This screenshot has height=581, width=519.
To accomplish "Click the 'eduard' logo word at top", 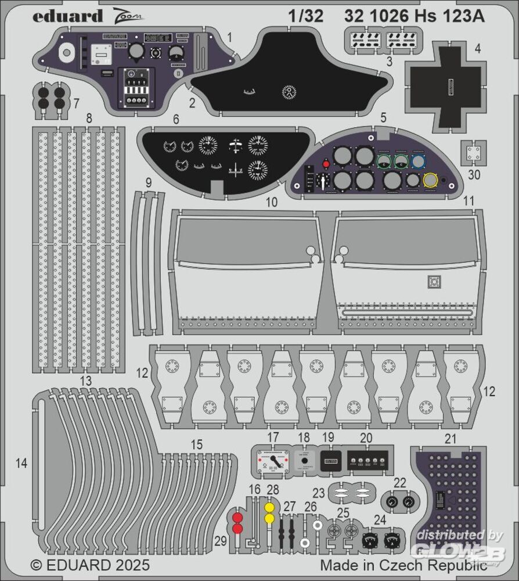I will pos(67,16).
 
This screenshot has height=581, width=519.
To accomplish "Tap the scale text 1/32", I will pos(305,16).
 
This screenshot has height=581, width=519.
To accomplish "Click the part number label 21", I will pos(450,439).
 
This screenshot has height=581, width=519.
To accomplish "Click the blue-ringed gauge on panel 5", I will pos(417,161).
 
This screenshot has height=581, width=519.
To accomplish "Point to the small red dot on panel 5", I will pos(326,164).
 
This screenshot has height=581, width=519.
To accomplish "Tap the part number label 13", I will pos(86,381).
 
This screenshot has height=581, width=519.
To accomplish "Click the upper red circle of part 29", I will pos(237,517).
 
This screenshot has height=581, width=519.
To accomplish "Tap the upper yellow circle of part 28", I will pos(269,507).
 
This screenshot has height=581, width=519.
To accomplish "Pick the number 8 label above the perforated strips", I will pos(89,119).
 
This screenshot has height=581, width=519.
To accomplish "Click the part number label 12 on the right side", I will pos(489,392).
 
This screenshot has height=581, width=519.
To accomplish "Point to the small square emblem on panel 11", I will pos(433,282).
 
